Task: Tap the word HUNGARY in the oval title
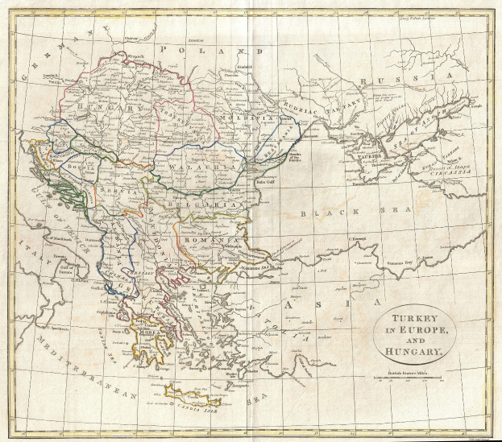412,353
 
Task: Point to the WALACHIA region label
196,167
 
